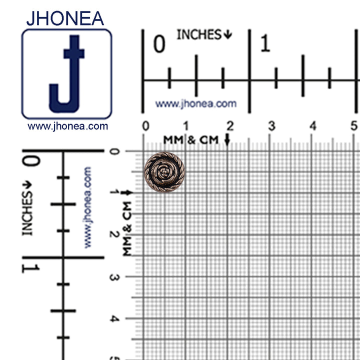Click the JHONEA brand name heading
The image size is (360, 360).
65,18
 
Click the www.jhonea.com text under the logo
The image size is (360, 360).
67,126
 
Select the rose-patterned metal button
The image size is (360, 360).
164,172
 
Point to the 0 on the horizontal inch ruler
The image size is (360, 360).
159,43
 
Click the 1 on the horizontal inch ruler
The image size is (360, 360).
265,43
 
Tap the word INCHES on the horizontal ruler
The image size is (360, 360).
199,34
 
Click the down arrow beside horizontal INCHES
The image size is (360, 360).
228,34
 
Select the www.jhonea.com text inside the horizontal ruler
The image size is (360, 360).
196,104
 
